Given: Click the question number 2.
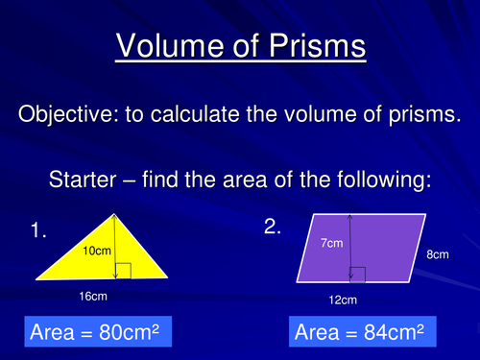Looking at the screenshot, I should click(272, 227).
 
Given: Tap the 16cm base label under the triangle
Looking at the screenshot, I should click(92, 297).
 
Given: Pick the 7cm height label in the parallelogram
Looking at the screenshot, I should click(331, 244).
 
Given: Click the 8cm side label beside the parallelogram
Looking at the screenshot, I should click(437, 255).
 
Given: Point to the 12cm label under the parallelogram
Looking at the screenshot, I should click(343, 300).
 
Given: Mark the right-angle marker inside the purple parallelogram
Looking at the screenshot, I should click(359, 275).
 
